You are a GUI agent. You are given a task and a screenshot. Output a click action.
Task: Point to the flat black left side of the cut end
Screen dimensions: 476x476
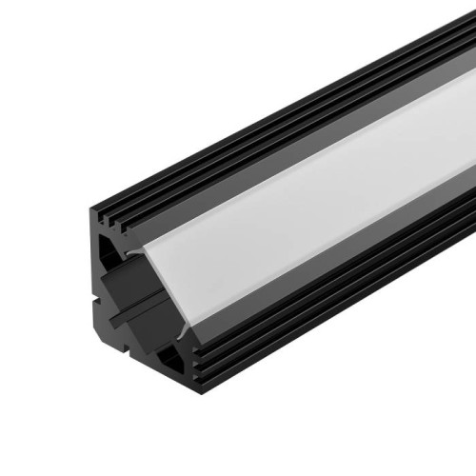[x=96, y=324]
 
